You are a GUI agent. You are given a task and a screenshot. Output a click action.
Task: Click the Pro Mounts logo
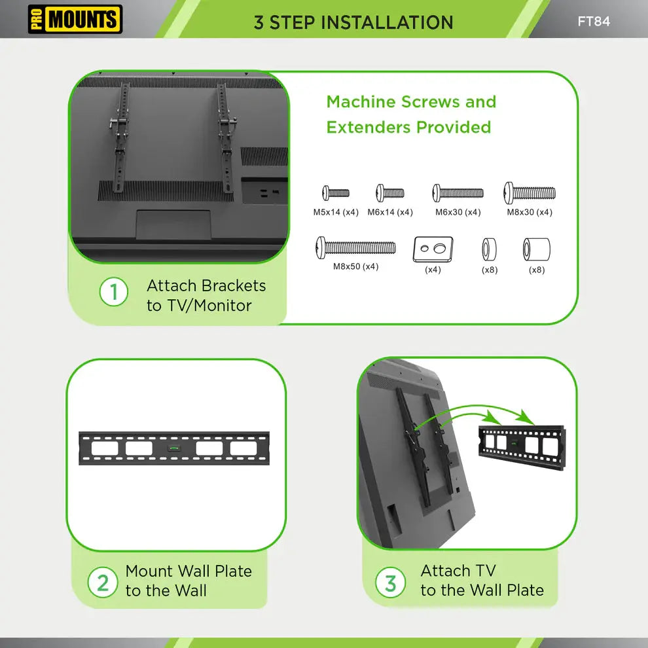[x=75, y=20]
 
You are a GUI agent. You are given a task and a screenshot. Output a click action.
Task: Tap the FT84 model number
[x=593, y=21]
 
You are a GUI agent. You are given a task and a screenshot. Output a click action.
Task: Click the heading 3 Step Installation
[x=353, y=22]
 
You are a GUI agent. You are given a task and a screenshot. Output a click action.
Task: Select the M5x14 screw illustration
[x=336, y=193]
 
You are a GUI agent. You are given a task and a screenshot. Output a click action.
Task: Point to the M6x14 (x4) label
[x=390, y=212]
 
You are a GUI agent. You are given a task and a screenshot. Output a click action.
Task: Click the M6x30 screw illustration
[x=458, y=193]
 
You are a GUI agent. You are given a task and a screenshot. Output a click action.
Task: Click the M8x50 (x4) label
[x=355, y=266]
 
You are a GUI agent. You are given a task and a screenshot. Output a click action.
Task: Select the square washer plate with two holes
[x=433, y=249]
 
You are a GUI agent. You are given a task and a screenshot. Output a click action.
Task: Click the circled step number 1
[x=114, y=292]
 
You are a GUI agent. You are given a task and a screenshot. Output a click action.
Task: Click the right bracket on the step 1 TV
[x=225, y=137]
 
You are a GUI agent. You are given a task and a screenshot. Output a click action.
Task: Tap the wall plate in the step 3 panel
[x=522, y=447]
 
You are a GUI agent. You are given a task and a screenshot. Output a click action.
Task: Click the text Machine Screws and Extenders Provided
[x=411, y=115]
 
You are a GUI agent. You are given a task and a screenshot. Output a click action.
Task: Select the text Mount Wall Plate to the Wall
[x=189, y=581]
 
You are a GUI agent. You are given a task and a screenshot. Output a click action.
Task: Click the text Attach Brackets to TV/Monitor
[x=206, y=295]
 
